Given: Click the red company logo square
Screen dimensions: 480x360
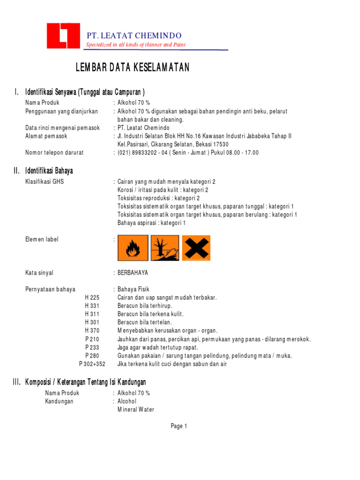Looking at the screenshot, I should tap(63, 36).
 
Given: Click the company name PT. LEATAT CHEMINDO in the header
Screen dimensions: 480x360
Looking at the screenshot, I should tap(134, 36).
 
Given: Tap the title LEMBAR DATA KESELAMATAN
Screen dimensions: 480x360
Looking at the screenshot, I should tap(133, 68).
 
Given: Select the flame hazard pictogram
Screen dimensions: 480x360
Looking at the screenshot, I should tap(133, 247).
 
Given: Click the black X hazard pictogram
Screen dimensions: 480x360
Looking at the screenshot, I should tap(196, 247).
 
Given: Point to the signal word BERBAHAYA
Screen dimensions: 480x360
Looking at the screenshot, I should tap(133, 273).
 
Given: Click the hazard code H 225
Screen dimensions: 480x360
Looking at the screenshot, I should tap(92, 298).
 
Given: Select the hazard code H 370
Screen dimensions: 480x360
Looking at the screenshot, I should tap(92, 330).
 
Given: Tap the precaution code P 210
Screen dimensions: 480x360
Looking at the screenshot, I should tap(92, 339).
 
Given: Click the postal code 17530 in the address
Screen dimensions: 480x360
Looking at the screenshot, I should tap(219, 144).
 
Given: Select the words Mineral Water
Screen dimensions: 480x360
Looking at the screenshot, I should tap(135, 410).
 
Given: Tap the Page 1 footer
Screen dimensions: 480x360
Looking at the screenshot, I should tap(179, 426).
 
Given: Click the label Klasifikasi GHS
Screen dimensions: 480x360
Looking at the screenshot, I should tap(45, 181).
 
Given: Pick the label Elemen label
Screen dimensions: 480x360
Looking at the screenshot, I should tap(42, 240).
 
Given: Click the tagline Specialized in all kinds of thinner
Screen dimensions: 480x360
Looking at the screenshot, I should tap(135, 45).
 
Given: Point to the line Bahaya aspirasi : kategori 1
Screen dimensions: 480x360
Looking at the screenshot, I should tap(151, 223).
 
